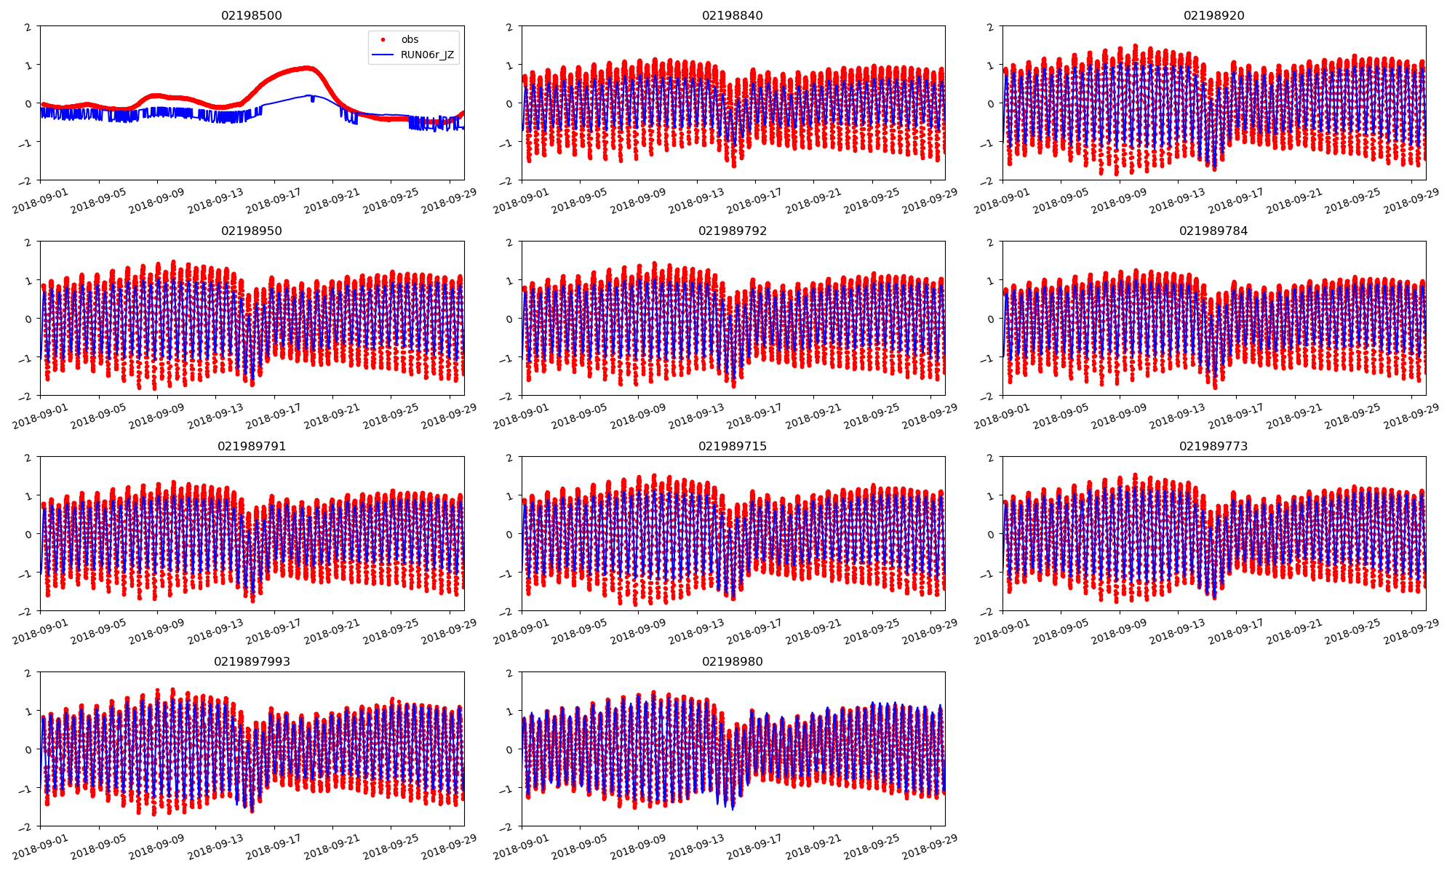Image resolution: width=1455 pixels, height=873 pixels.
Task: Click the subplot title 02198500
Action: [252, 15]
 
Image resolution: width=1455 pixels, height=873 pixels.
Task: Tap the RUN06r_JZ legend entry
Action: [427, 55]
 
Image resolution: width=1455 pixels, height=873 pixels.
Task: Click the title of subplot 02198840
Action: [733, 15]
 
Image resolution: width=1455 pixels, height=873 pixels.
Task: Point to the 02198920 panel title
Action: [1213, 15]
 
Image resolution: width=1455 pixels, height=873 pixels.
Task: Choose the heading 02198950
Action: [252, 231]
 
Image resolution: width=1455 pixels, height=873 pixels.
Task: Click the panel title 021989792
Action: [733, 231]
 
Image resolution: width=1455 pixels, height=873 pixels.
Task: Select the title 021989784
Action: [1213, 231]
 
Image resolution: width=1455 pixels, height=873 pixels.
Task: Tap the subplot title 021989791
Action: [252, 446]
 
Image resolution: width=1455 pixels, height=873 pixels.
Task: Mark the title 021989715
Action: [733, 446]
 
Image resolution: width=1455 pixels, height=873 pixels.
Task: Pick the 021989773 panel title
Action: [1213, 446]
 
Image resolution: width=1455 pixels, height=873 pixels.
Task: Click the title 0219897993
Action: [252, 661]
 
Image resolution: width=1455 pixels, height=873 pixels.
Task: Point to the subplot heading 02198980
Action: [733, 661]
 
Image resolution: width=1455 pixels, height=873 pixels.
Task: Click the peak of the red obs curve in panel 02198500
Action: [308, 68]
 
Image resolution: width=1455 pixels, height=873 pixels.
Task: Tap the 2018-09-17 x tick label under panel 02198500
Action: [274, 201]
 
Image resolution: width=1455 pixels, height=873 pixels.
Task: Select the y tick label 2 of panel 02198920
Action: [990, 27]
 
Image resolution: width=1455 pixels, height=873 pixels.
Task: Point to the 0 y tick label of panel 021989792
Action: [509, 319]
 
